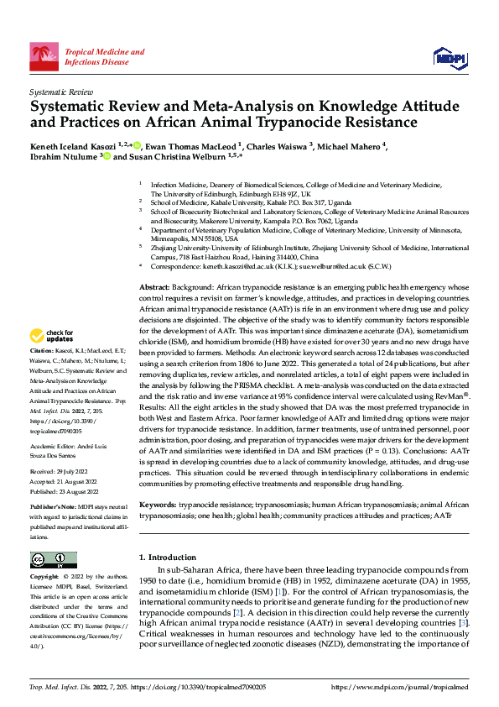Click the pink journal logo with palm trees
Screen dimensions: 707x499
pos(44,56)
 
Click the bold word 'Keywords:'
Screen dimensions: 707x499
pos(161,504)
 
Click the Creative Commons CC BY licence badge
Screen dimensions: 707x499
pos(54,559)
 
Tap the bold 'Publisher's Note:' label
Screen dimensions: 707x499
pos(53,508)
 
